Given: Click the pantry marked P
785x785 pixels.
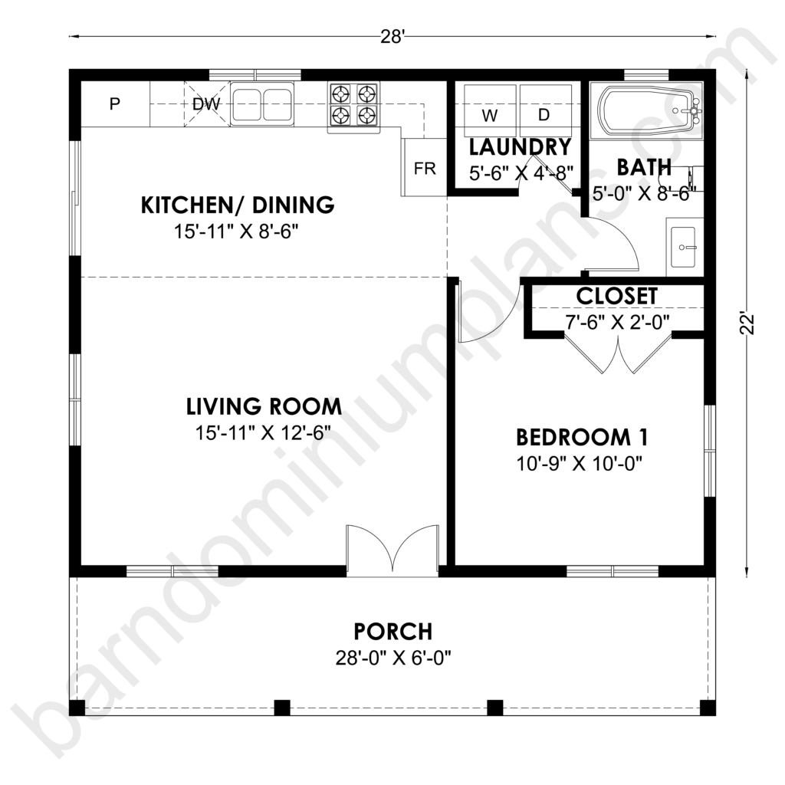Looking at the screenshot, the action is point(115,104).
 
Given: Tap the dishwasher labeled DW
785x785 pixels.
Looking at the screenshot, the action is point(205,104).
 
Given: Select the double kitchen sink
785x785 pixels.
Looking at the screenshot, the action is point(262,104).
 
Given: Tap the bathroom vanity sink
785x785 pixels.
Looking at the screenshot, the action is point(683,247).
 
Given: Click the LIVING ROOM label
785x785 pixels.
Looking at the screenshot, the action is point(264,406).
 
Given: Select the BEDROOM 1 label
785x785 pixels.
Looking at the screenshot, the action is point(582,437).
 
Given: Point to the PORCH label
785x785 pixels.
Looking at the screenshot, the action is point(393,632).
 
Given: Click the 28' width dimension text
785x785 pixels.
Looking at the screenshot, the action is point(392,37).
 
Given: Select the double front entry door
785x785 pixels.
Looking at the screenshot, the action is point(392,549).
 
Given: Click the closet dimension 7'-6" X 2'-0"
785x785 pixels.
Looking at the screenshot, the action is point(617,322).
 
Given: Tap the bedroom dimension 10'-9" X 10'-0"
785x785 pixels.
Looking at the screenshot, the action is point(580,464).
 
